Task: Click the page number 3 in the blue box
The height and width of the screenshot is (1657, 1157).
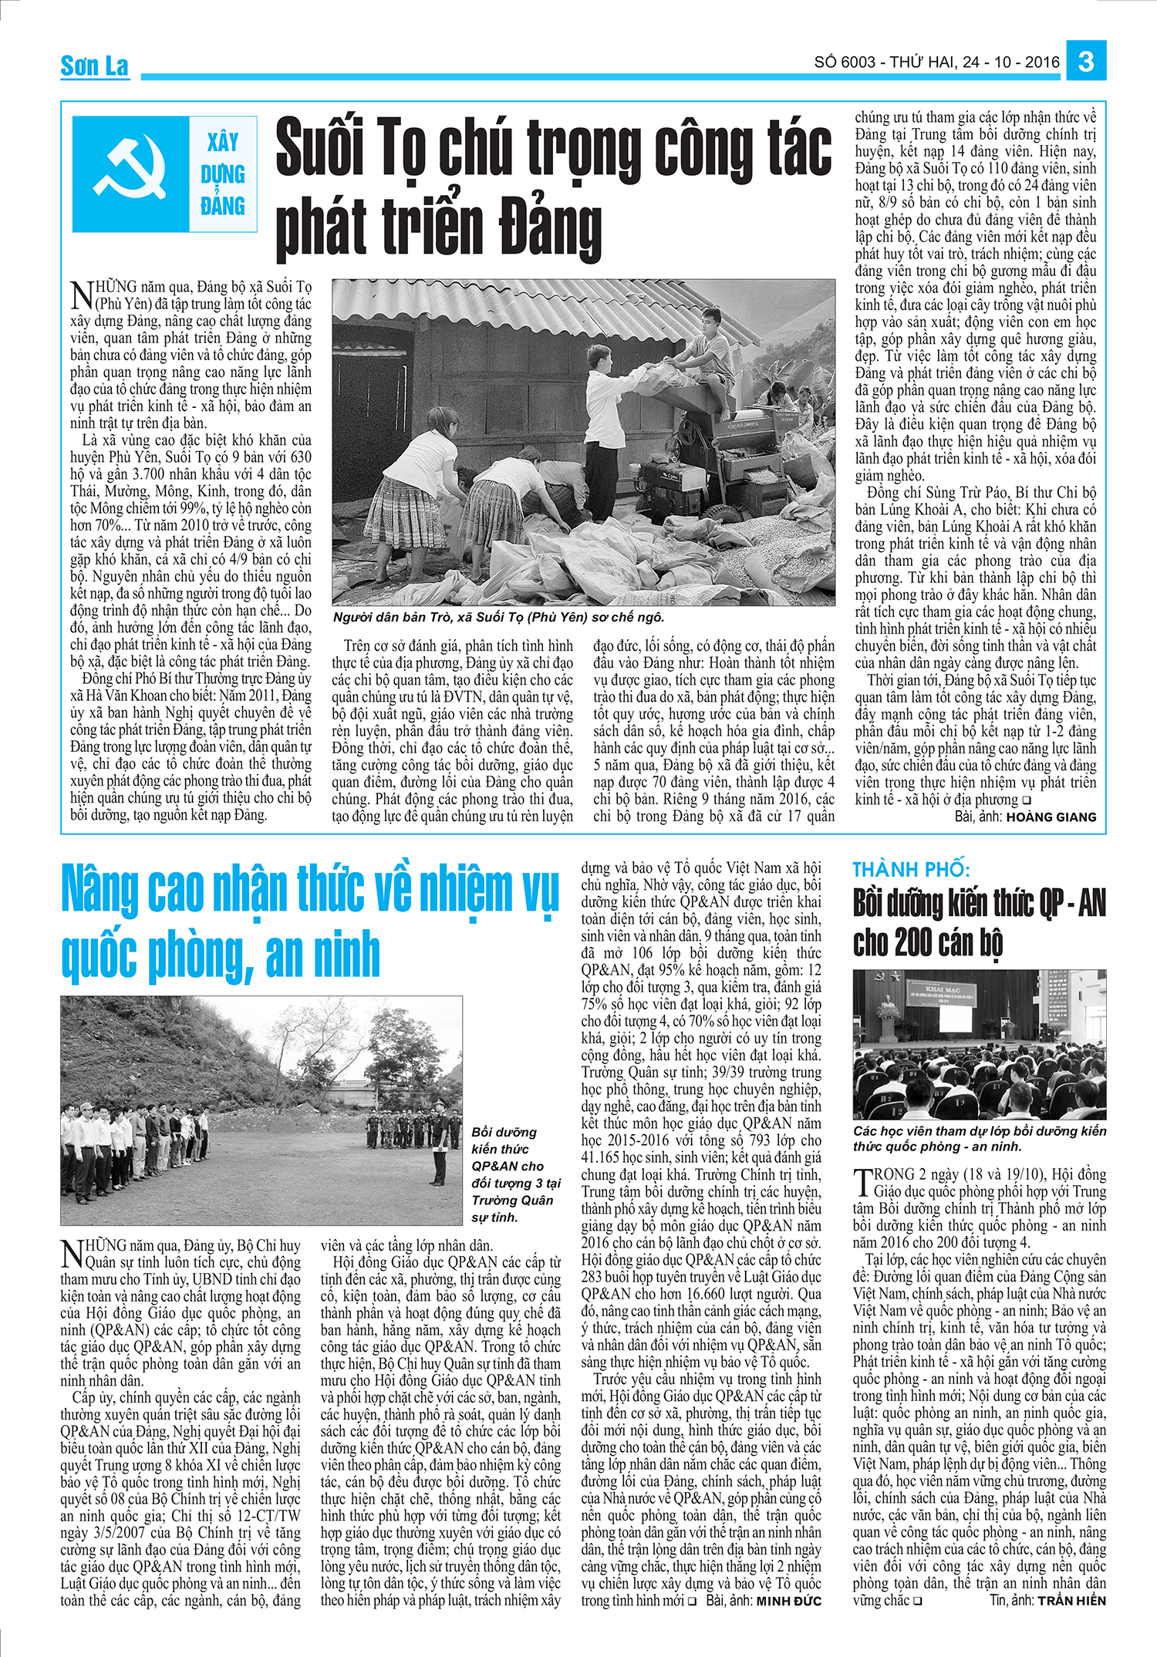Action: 1086,61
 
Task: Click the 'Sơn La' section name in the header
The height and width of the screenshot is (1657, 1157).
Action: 94,66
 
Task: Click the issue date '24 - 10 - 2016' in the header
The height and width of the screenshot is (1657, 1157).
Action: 1011,62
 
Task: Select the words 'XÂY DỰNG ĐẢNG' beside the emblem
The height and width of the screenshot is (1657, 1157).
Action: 222,174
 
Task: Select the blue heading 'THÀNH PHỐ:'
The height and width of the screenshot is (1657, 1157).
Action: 910,870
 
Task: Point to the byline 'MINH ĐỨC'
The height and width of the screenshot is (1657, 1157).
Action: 788,1601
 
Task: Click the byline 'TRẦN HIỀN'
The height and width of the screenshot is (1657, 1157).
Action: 1071,1601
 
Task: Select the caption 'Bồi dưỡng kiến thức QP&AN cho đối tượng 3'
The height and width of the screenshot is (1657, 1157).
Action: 515,1174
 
